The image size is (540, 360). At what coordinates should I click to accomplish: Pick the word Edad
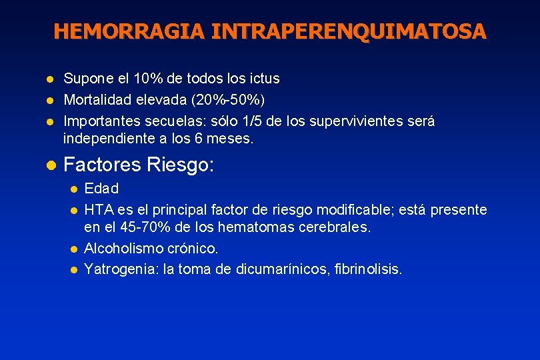pyautogui.click(x=101, y=189)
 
